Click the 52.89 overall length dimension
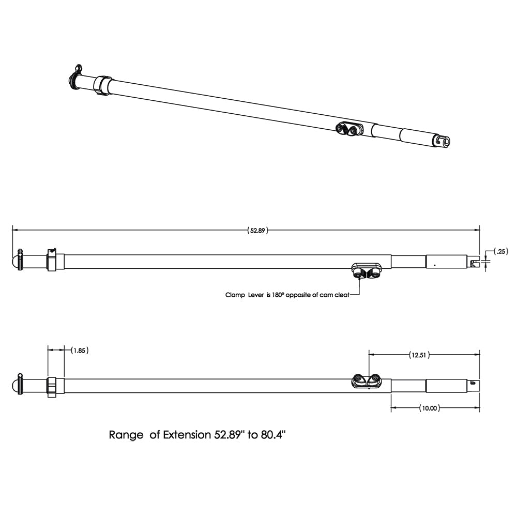(x=258, y=231)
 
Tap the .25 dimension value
(x=500, y=252)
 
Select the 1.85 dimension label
(x=79, y=350)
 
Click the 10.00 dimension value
(x=429, y=408)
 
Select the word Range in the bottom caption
(x=126, y=435)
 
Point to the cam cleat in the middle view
(x=366, y=270)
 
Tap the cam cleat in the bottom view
(x=367, y=381)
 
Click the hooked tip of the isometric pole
(x=442, y=141)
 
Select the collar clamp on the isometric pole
(x=102, y=85)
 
